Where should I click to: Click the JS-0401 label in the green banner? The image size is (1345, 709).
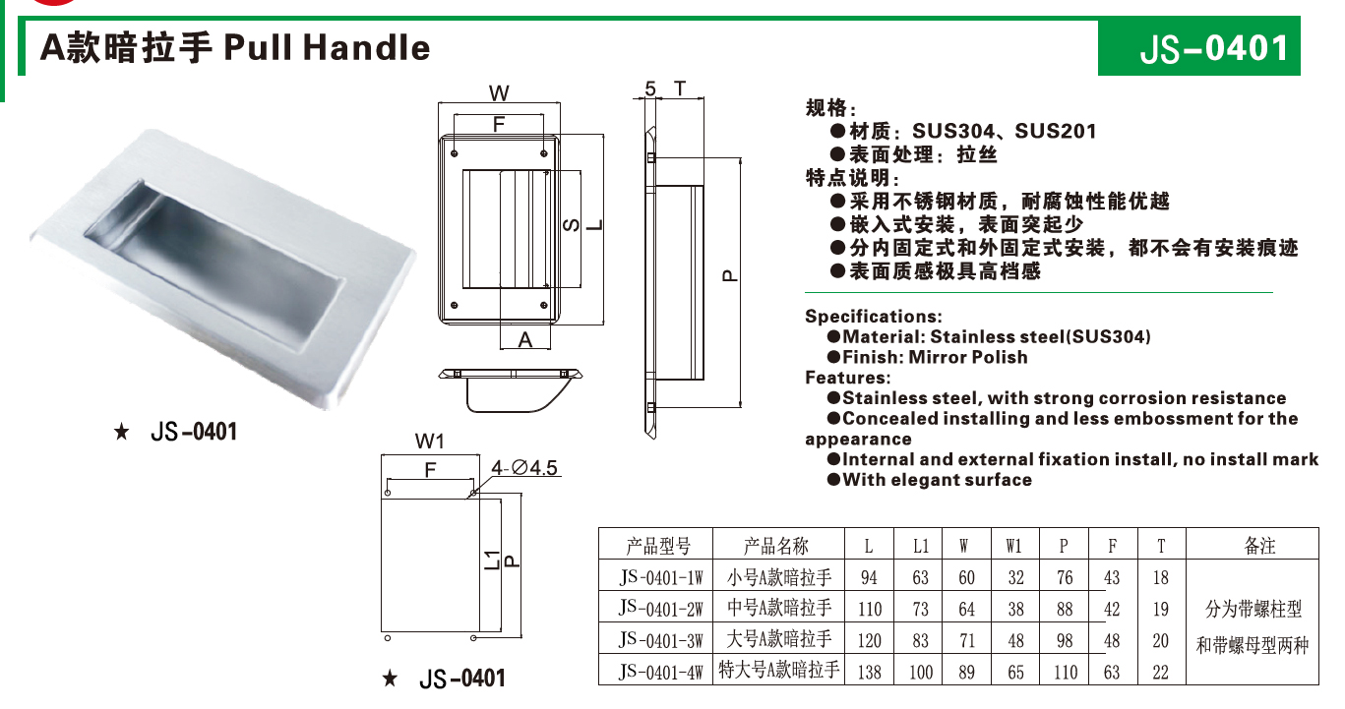pyautogui.click(x=1213, y=48)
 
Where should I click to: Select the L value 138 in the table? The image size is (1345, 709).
pyautogui.click(x=869, y=672)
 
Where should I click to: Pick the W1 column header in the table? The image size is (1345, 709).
pyautogui.click(x=1013, y=546)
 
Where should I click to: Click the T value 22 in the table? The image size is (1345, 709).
pyautogui.click(x=1161, y=672)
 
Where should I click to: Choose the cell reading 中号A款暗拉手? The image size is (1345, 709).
pyautogui.click(x=779, y=608)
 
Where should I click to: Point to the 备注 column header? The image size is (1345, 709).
pyautogui.click(x=1259, y=545)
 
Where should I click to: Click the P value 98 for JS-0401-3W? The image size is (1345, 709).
pyautogui.click(x=1064, y=640)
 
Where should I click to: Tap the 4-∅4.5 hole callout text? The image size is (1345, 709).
pyautogui.click(x=524, y=467)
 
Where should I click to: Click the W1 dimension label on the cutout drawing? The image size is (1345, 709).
pyautogui.click(x=429, y=442)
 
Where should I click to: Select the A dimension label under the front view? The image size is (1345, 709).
pyautogui.click(x=524, y=340)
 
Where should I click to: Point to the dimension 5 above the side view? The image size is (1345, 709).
pyautogui.click(x=650, y=89)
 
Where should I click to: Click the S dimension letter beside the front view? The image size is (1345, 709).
pyautogui.click(x=571, y=225)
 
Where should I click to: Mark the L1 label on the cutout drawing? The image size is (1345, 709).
pyautogui.click(x=492, y=561)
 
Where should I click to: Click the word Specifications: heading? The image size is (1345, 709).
pyautogui.click(x=873, y=317)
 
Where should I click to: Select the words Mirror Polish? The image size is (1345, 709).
pyautogui.click(x=968, y=357)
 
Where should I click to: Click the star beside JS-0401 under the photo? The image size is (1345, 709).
pyautogui.click(x=122, y=432)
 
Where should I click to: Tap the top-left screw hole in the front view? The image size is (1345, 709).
pyautogui.click(x=454, y=153)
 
